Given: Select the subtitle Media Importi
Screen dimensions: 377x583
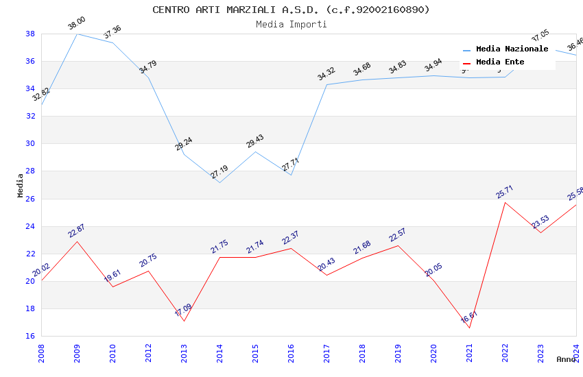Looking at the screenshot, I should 291,25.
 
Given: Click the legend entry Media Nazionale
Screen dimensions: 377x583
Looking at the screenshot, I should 512,49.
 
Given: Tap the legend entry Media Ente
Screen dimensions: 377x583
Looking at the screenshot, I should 500,62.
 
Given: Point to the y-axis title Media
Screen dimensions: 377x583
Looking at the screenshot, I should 20,185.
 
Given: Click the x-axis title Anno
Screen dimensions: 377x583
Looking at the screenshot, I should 566,359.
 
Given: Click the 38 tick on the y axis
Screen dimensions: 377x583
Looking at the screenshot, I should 30,34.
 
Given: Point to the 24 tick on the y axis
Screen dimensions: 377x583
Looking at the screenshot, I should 30,226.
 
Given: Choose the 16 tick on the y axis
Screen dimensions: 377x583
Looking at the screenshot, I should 30,337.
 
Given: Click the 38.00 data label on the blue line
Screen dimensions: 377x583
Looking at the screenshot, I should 76,25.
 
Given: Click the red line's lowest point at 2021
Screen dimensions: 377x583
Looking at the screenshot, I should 469,328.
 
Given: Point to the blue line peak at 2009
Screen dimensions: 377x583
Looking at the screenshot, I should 77,34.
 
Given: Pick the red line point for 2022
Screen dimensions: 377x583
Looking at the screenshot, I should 505,202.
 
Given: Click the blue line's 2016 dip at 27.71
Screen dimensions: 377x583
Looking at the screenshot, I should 291,175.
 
